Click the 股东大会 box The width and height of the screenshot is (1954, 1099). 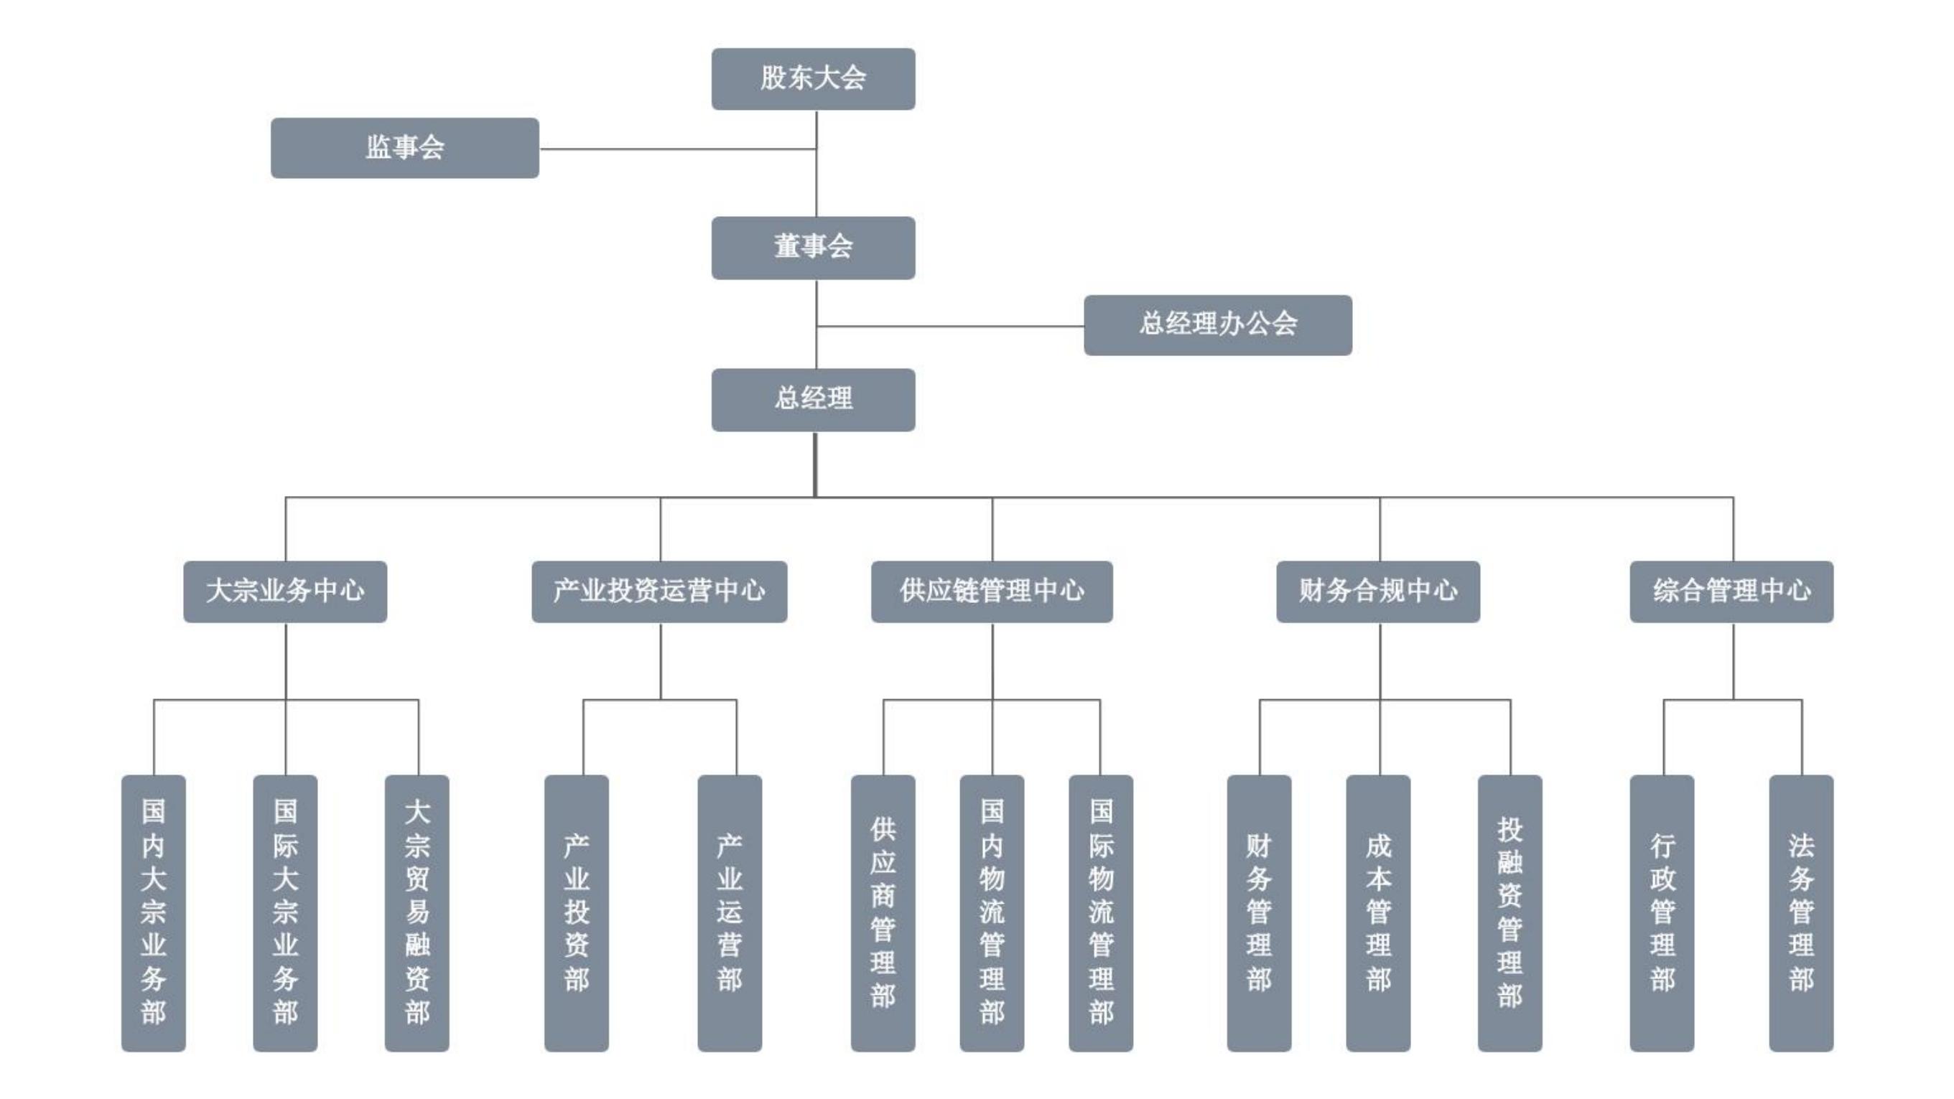pos(812,79)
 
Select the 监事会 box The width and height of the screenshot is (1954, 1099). pos(404,148)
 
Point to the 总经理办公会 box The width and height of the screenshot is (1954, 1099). pos(1216,324)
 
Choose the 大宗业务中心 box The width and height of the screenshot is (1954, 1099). pos(284,591)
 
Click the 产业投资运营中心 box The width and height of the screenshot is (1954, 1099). pos(659,591)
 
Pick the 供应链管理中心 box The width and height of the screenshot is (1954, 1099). pos(991,591)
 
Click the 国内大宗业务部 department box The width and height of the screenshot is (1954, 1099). pos(153,912)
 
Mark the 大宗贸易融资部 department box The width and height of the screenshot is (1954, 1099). pos(417,912)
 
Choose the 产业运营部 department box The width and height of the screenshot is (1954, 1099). pos(729,912)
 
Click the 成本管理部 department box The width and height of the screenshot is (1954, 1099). pos(1377,912)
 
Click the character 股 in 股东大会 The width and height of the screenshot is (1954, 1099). pos(773,78)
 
